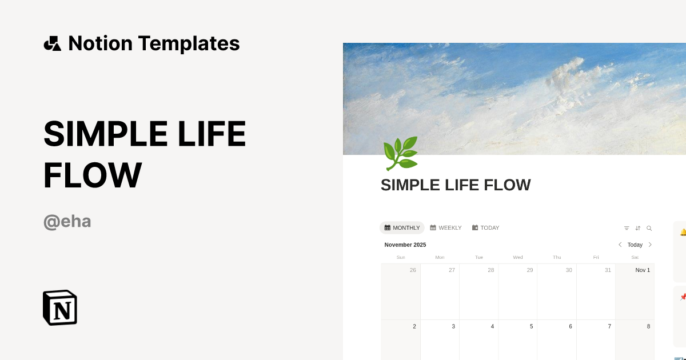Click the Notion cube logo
[x=60, y=307]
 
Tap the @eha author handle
[x=67, y=221]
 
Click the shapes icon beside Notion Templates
[x=53, y=43]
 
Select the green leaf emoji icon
[x=400, y=153]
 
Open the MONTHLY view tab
[x=402, y=227]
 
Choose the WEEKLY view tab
[x=446, y=227]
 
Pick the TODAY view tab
[x=486, y=227]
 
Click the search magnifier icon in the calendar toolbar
[x=649, y=228]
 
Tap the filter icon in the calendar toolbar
[x=627, y=228]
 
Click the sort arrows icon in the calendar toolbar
[x=638, y=228]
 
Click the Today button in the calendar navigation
[x=635, y=245]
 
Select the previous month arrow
[x=620, y=245]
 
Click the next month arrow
[x=650, y=245]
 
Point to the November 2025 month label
[x=405, y=245]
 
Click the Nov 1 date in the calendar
[x=643, y=270]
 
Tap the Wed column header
[x=518, y=257]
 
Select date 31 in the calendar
[x=608, y=270]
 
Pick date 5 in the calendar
[x=531, y=326]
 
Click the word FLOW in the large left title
[x=93, y=175]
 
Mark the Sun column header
[x=401, y=257]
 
